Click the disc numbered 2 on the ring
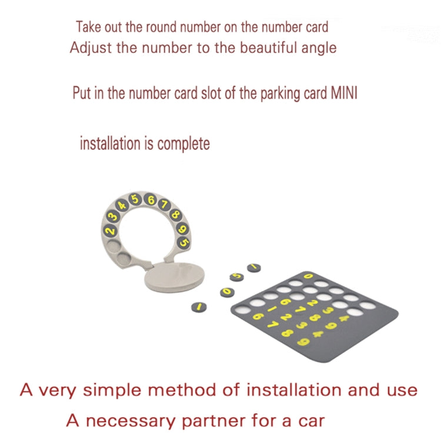[x=110, y=230]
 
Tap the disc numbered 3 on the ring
[x=114, y=216]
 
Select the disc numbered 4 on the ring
[x=123, y=205]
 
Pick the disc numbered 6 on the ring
[x=152, y=200]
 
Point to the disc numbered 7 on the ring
[x=165, y=205]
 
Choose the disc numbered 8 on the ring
[x=175, y=215]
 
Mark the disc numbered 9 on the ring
[x=181, y=228]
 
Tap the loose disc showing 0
[x=226, y=292]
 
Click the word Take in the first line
[x=88, y=26]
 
